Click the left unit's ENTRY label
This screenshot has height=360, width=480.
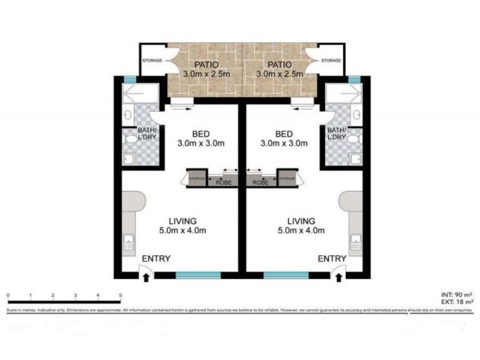tap(158, 259)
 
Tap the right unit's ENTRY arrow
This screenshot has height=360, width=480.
tap(340, 276)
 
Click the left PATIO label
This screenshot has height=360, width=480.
tap(206, 64)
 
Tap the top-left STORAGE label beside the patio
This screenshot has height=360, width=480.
tap(152, 61)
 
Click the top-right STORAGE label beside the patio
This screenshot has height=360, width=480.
tap(331, 61)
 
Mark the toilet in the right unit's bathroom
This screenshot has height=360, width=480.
tap(355, 139)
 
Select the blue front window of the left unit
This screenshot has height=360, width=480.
tap(199, 275)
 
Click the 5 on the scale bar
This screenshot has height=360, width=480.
tap(121, 295)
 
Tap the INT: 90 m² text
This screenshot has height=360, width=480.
tap(454, 295)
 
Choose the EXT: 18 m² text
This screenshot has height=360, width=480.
tap(454, 302)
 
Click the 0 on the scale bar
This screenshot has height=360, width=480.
tap(8, 295)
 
